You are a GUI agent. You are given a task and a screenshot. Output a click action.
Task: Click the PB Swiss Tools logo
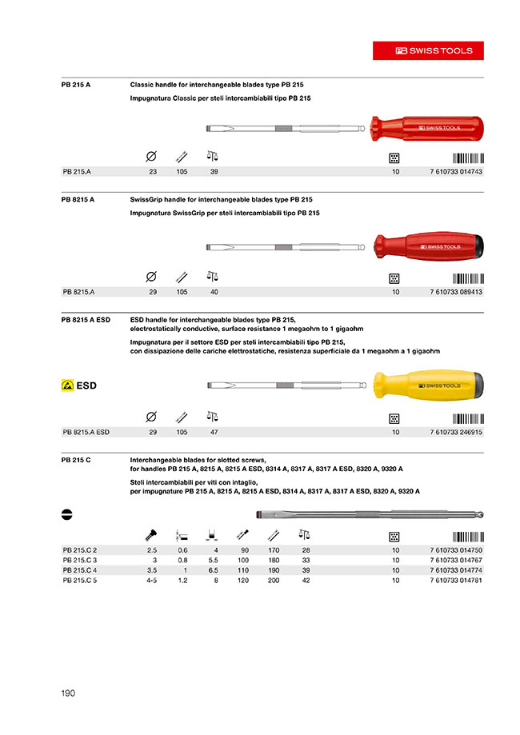pyautogui.click(x=434, y=50)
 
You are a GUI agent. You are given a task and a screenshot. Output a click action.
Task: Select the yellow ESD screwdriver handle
pyautogui.click(x=431, y=385)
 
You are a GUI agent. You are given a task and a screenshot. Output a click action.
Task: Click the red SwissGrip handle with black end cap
pyautogui.click(x=431, y=246)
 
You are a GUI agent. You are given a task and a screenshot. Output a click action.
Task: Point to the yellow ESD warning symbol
pyautogui.click(x=67, y=385)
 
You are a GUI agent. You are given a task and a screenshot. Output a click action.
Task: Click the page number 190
pyautogui.click(x=68, y=693)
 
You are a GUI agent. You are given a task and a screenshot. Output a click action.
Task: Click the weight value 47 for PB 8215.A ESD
pyautogui.click(x=214, y=432)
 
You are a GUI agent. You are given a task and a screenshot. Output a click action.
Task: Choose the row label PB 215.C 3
pyautogui.click(x=80, y=560)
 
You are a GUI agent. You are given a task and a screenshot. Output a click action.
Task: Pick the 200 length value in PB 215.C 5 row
pyautogui.click(x=274, y=580)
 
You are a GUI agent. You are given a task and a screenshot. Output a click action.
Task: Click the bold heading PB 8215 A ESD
pyautogui.click(x=86, y=319)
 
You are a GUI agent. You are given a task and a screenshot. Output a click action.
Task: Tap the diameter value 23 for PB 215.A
pyautogui.click(x=152, y=172)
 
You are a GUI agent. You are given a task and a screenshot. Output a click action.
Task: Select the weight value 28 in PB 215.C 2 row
pyautogui.click(x=305, y=550)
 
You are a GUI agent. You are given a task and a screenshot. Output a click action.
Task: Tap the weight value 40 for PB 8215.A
pyautogui.click(x=214, y=292)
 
